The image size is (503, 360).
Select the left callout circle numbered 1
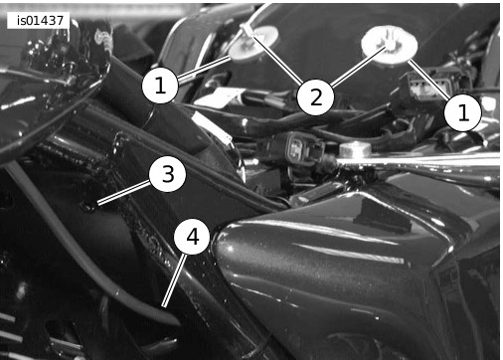160,86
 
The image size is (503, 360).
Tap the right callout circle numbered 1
462,112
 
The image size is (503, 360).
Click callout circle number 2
316,97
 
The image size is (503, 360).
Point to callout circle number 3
167,174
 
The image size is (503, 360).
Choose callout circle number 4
192,237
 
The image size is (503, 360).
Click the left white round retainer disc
252,44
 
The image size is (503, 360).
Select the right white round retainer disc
390,46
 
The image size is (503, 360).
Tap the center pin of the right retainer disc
391,44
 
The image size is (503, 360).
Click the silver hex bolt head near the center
355,149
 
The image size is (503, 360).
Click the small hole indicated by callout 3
88,207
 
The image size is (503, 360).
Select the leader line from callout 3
123,192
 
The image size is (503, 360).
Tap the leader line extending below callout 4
174,280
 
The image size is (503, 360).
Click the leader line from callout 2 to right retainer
359,68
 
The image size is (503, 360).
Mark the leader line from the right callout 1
429,80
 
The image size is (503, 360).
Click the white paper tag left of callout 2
219,96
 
